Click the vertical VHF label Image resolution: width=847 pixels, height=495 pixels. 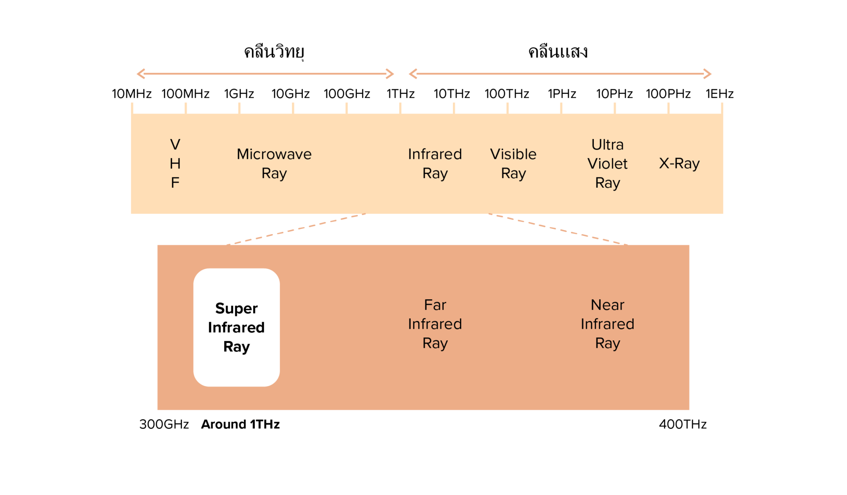[x=175, y=164]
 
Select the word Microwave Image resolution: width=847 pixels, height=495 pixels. [x=274, y=154]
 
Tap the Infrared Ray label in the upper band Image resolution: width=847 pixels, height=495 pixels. [x=435, y=164]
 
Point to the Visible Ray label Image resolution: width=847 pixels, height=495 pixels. [x=513, y=164]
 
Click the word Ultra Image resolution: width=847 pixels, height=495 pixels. [x=607, y=145]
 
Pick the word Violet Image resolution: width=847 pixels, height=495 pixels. [x=607, y=164]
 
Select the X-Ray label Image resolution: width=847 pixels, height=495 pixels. [x=679, y=163]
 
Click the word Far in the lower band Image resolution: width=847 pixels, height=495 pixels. [x=435, y=305]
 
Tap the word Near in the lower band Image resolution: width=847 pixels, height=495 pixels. [x=607, y=305]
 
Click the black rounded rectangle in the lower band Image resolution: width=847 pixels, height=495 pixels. [x=237, y=328]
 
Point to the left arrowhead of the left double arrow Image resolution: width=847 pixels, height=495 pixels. [x=140, y=74]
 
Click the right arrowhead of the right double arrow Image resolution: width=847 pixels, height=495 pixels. [x=708, y=74]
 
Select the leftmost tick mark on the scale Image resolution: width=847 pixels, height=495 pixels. [x=132, y=108]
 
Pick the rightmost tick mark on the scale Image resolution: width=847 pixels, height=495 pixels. [x=722, y=108]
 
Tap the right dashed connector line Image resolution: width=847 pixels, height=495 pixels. [x=558, y=229]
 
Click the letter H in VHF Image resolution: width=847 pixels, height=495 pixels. [x=175, y=164]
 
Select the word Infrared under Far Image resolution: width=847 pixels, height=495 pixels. [x=435, y=324]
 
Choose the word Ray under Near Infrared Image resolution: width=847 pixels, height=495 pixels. [x=607, y=343]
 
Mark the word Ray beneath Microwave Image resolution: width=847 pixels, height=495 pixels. [x=274, y=173]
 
